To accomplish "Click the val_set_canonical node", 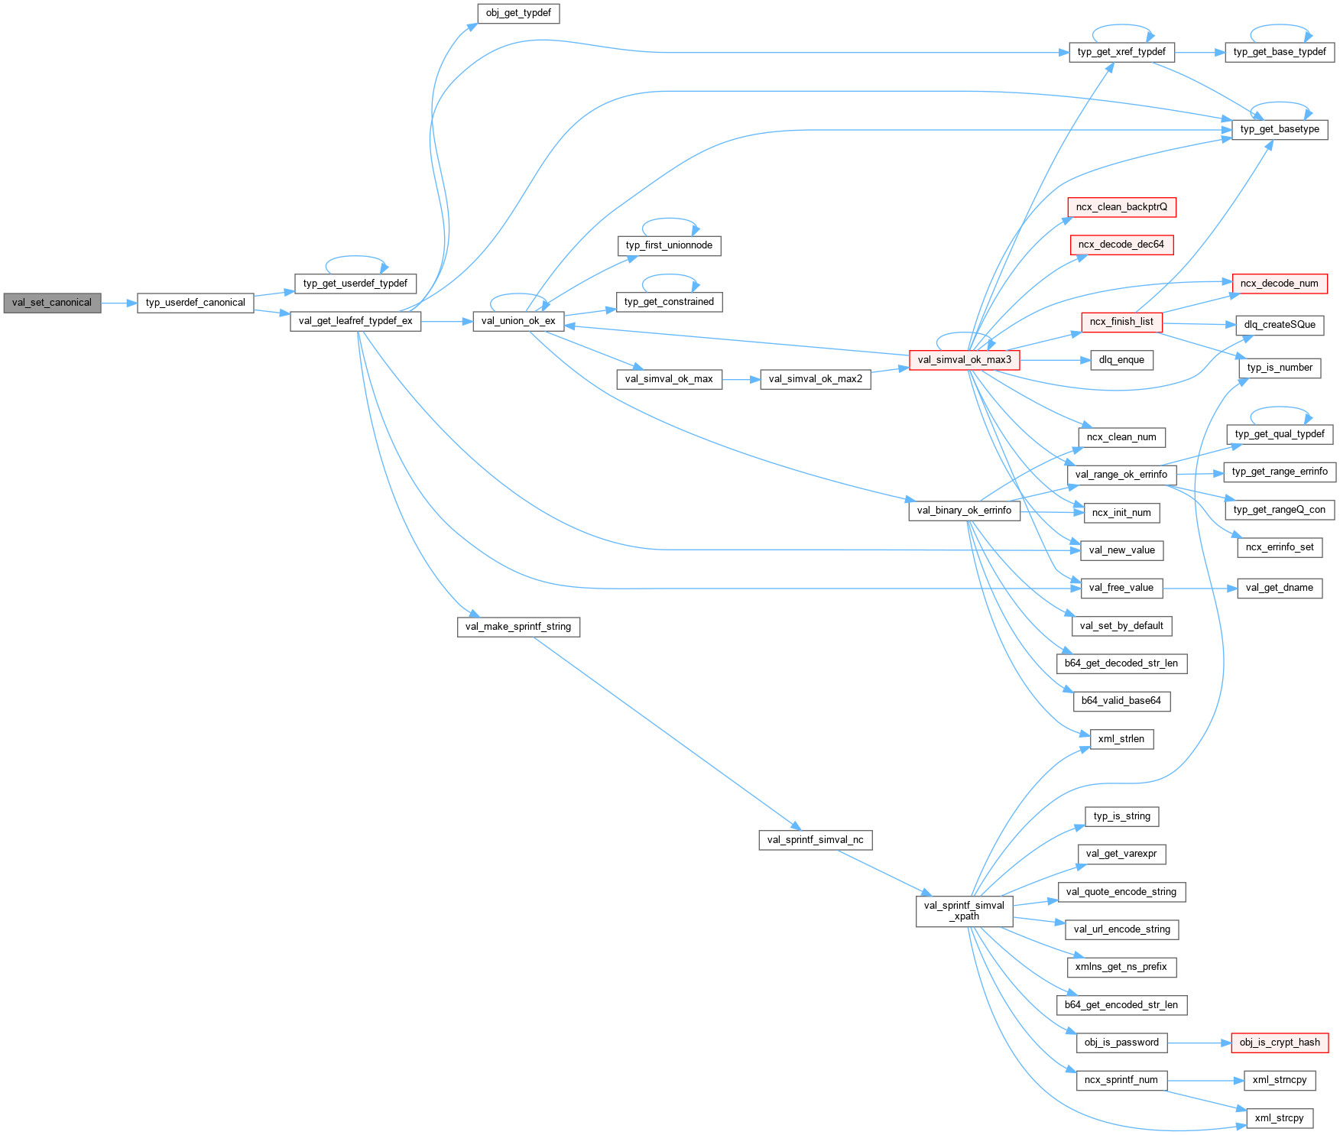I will point(52,303).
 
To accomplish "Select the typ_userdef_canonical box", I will point(195,303).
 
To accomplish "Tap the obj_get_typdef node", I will point(518,13).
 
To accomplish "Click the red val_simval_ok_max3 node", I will point(964,360).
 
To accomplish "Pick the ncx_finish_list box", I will point(1121,322).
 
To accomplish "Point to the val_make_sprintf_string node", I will point(518,627).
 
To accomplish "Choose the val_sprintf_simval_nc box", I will point(816,840).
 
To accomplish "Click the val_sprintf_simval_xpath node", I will point(964,911).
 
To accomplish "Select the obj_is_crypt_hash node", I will point(1280,1043).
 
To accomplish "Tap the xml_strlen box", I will point(1121,739).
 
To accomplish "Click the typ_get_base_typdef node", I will point(1280,52).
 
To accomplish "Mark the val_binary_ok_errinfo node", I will point(964,511).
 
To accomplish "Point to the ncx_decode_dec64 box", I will point(1121,245).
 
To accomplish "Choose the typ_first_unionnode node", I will point(669,245).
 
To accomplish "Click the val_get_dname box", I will point(1280,588).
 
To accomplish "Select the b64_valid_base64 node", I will point(1121,701).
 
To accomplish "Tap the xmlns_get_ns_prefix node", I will point(1121,967).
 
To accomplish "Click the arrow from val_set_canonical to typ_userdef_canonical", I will point(118,303).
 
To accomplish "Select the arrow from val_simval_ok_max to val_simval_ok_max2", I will point(741,379).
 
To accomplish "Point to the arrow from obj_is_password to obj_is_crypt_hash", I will point(1199,1043).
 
